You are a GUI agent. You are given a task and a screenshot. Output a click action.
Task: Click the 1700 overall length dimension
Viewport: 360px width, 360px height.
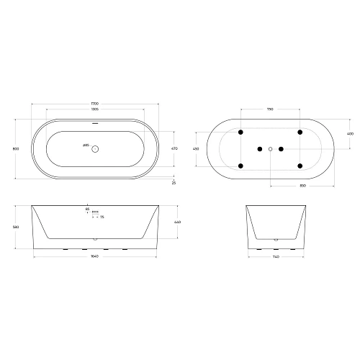95,104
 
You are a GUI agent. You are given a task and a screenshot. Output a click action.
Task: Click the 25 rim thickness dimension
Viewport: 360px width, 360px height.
174,183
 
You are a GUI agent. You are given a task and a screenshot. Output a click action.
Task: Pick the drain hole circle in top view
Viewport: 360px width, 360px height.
96,149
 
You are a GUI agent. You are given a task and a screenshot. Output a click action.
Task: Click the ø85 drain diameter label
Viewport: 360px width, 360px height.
84,147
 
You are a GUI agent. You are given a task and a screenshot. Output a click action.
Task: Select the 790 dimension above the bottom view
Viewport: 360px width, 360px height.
270,109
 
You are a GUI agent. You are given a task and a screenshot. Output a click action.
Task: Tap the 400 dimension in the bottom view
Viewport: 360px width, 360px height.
351,133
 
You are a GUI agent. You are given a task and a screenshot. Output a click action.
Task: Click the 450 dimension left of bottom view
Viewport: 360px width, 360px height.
195,149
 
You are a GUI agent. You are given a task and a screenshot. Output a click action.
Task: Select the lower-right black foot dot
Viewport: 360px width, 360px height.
299,166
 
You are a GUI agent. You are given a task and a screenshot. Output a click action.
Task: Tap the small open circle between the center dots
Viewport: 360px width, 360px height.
270,149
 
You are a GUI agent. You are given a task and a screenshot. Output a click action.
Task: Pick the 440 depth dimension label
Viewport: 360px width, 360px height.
177,222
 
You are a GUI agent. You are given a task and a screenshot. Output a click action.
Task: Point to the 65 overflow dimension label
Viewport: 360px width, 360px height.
87,210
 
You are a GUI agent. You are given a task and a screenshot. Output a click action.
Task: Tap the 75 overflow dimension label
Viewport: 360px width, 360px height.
102,217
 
